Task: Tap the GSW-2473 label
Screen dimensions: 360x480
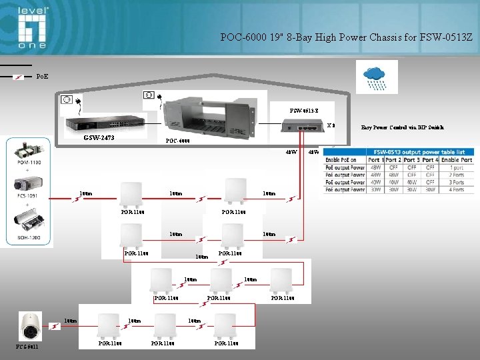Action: click(99, 138)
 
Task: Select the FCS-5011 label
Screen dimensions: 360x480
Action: click(27, 346)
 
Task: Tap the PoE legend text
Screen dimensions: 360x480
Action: click(41, 77)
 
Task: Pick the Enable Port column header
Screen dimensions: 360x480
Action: click(457, 160)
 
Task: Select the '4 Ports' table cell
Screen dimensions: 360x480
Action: click(457, 189)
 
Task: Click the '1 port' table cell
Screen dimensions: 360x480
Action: click(457, 167)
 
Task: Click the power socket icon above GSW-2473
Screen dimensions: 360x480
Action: click(66, 101)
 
